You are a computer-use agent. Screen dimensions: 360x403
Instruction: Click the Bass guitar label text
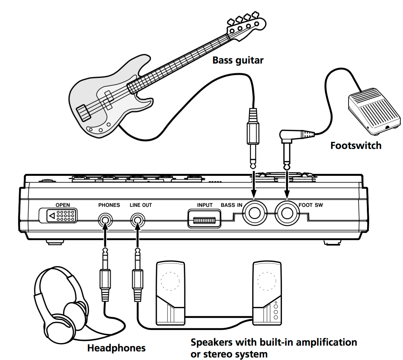(x=238, y=60)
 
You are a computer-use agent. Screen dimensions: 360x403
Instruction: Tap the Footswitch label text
(x=356, y=145)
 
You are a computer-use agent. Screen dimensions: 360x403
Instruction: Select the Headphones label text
(x=116, y=348)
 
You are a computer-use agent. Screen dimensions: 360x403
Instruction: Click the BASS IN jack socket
(x=254, y=213)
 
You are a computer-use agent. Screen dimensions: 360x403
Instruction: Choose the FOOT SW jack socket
(x=287, y=213)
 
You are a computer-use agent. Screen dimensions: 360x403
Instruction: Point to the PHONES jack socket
(x=105, y=220)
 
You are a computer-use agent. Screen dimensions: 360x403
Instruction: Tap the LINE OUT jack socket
(x=138, y=220)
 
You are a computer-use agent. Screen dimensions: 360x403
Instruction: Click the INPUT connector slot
(x=204, y=220)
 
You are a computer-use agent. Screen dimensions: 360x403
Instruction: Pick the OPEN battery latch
(x=58, y=216)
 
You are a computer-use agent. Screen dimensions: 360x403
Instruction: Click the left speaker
(x=170, y=293)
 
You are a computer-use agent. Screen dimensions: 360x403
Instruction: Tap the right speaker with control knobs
(x=267, y=293)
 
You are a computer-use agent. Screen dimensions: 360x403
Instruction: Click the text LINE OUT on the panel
(x=141, y=205)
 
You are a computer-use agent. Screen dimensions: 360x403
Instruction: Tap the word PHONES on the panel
(x=109, y=205)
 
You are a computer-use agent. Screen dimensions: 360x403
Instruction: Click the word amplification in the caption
(x=326, y=342)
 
